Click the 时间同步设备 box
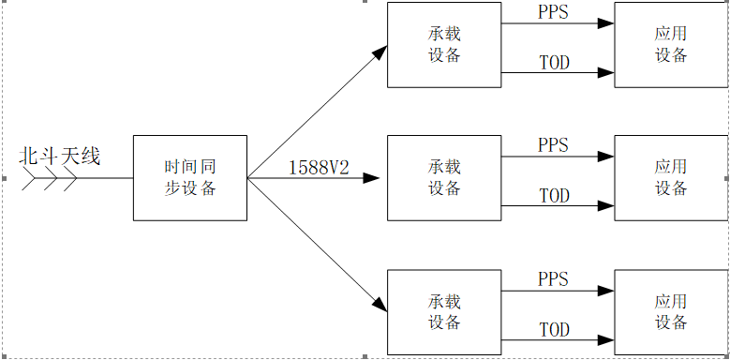[190, 178]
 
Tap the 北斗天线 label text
[60, 156]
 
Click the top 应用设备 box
[670, 45]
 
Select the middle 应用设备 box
[670, 178]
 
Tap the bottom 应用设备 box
[670, 312]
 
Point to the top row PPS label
[553, 12]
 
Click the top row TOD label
[554, 63]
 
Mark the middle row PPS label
[553, 145]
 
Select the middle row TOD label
[554, 196]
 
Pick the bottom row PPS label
[553, 279]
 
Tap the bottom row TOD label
[554, 330]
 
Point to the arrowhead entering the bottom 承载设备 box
[378, 304]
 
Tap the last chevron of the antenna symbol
[71, 178]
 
